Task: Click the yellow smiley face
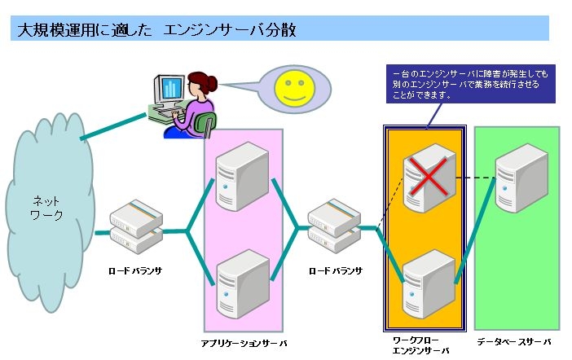(x=292, y=87)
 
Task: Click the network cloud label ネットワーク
(x=46, y=209)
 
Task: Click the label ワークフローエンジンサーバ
(x=420, y=345)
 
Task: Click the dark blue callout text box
(x=470, y=84)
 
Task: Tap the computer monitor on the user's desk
(x=171, y=89)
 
